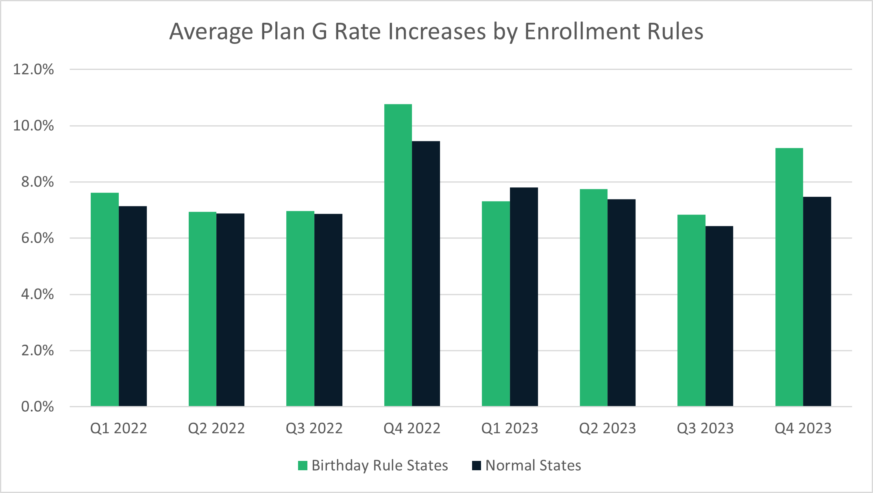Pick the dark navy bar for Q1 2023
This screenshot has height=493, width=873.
524,297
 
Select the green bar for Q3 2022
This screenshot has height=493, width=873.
300,308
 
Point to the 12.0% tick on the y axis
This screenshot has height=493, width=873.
33,69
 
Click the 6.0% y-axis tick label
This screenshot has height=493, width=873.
37,238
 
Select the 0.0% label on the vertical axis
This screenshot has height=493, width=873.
37,407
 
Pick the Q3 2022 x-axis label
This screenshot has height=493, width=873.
314,428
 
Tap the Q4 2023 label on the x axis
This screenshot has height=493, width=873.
803,428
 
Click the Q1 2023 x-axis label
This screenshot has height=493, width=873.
509,428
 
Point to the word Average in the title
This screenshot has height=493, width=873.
211,32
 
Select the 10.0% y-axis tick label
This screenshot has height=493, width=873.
33,126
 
